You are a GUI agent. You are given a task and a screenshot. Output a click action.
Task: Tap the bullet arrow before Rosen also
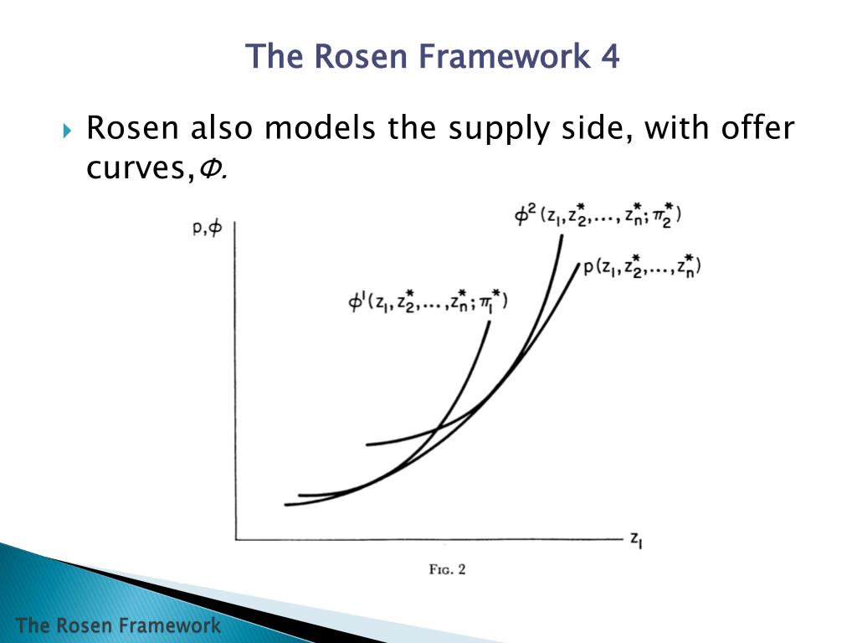tap(69, 131)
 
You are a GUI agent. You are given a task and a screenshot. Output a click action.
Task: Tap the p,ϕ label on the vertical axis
tap(208, 229)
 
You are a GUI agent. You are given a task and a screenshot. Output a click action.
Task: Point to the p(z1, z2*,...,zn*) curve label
tap(641, 267)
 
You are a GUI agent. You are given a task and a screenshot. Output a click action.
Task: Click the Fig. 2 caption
tap(447, 569)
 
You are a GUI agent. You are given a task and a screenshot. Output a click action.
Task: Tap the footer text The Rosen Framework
tap(118, 625)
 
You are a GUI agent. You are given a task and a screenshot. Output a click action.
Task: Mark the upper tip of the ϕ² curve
tap(561, 236)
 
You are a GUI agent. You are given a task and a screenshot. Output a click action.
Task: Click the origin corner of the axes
tap(235, 539)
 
